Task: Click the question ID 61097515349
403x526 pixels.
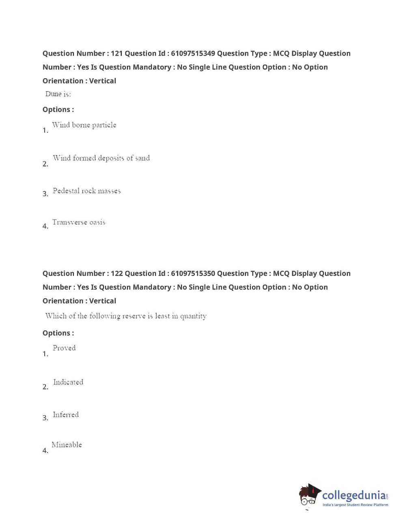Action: tap(193, 54)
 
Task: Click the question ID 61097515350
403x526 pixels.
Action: tap(193, 274)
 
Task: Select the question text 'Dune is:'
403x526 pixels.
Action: tap(58, 94)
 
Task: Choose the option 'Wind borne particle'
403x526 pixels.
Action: tap(84, 125)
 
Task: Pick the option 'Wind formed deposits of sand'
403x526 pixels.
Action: tap(101, 158)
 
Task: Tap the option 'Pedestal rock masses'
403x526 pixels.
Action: tap(86, 191)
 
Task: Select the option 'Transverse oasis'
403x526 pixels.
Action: tap(79, 222)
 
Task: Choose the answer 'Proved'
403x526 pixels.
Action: tap(64, 348)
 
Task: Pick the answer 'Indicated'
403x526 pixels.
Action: tap(68, 382)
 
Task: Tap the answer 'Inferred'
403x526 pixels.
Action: tap(66, 415)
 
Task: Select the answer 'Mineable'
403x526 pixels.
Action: tap(67, 445)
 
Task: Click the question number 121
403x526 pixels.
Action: tap(116, 54)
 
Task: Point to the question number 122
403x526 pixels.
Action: tap(116, 274)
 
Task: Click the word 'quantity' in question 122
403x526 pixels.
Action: tap(193, 316)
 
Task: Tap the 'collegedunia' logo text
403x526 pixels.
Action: tap(353, 496)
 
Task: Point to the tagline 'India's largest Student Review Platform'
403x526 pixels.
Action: tap(355, 505)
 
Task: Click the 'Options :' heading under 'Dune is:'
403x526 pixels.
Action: tap(58, 110)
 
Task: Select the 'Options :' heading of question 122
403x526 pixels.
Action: tap(58, 333)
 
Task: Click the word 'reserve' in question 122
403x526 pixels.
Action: tap(134, 316)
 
